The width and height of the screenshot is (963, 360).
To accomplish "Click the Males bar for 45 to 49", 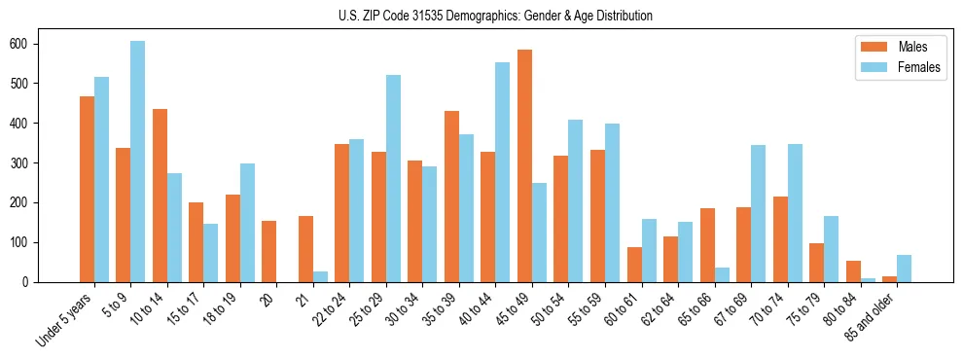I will tap(524, 165).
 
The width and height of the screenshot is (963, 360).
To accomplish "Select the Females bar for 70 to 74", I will tap(795, 213).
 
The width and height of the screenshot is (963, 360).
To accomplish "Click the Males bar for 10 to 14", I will tap(160, 196).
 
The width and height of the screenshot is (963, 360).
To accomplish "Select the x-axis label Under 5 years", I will tap(65, 317).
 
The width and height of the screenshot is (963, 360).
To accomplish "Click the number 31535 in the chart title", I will tap(434, 16).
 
